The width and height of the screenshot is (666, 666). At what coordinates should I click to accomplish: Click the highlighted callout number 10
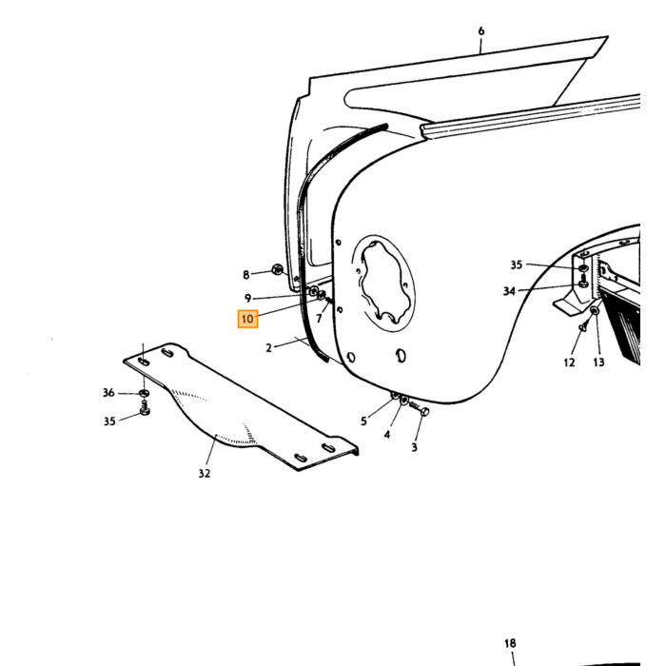(x=247, y=319)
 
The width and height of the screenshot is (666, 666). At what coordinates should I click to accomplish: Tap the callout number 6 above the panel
(x=480, y=31)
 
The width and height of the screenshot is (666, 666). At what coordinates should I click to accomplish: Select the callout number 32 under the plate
(x=205, y=473)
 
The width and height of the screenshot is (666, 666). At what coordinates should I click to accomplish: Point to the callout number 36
(x=108, y=393)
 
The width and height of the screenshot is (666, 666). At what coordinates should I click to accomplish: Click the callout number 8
(x=245, y=275)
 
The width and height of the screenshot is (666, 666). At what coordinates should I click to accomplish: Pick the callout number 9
(x=247, y=298)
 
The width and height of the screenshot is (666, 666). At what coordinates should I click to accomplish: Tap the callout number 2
(x=268, y=348)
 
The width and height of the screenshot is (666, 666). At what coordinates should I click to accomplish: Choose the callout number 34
(x=509, y=291)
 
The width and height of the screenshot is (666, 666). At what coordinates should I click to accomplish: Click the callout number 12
(x=569, y=362)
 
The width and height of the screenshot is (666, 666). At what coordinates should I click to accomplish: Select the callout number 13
(x=598, y=362)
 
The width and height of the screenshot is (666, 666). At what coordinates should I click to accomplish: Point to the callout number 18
(x=510, y=643)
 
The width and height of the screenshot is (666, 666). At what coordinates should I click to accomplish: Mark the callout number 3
(x=414, y=447)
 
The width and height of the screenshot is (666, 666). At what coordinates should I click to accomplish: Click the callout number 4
(x=387, y=435)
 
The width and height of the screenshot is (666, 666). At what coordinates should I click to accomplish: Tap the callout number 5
(x=363, y=421)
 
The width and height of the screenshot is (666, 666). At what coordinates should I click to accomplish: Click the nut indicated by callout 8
(x=278, y=269)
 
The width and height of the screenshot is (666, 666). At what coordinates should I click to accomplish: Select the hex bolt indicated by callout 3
(x=420, y=409)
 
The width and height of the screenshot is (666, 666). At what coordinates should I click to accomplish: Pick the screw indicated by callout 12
(x=582, y=327)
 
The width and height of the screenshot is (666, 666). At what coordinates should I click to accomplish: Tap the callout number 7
(x=319, y=318)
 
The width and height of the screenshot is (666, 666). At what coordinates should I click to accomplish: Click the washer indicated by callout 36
(x=144, y=393)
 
